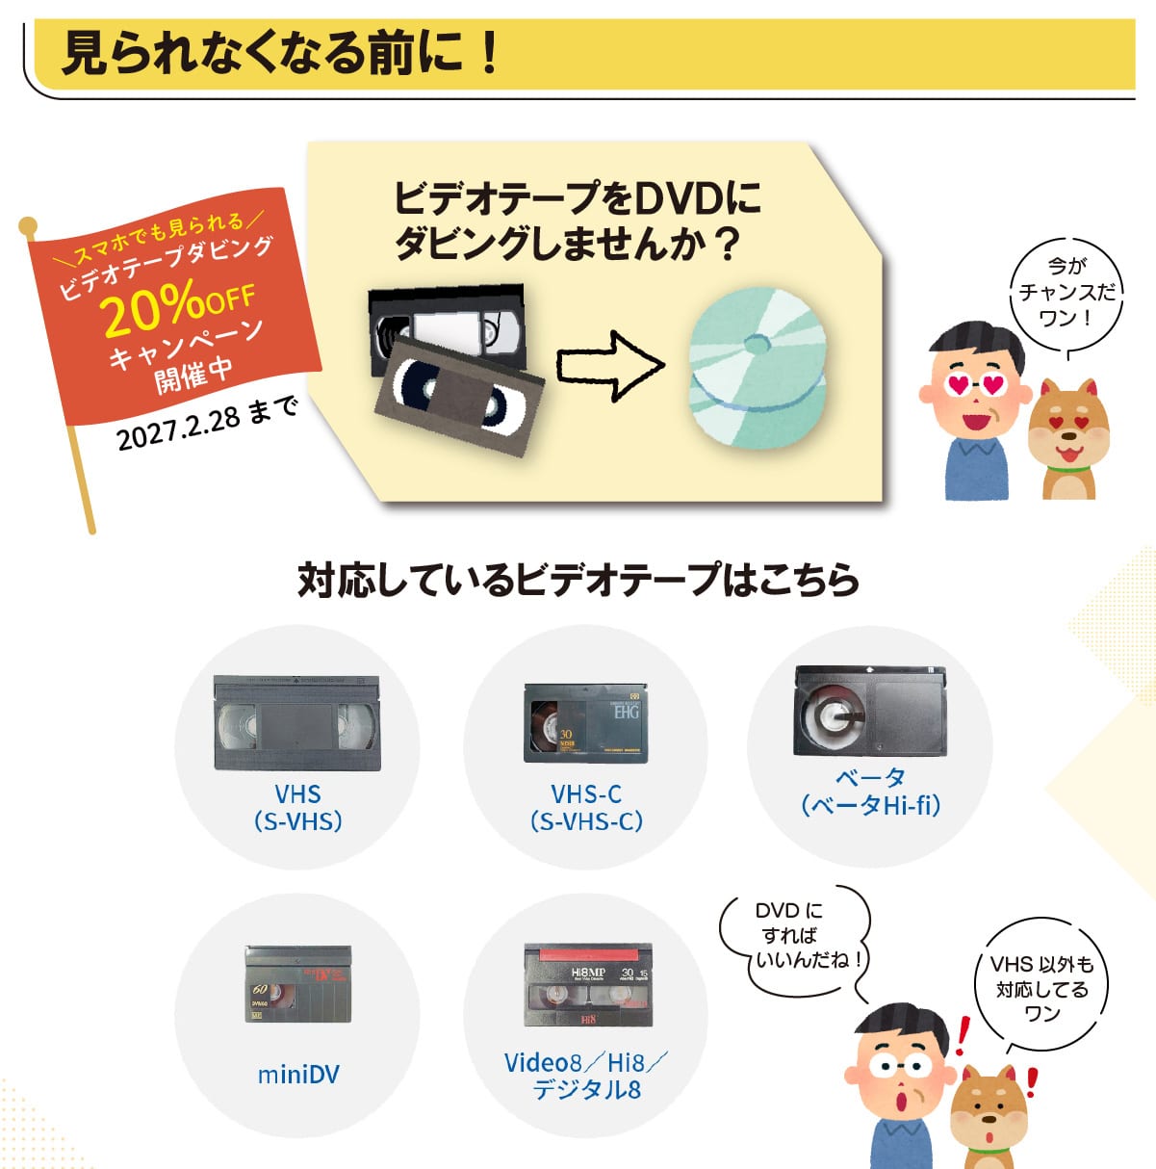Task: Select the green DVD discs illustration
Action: coord(758,368)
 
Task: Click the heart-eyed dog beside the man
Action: coord(1068,439)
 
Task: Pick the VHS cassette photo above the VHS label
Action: coord(296,722)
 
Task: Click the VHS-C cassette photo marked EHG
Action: coord(585,722)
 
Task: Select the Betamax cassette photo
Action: coord(870,711)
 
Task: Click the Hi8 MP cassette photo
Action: coord(588,984)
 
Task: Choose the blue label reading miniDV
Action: coord(298,1075)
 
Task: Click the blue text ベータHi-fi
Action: coord(871,806)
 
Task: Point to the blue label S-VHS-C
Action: coord(586,821)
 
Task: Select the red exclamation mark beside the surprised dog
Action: coord(1031,1082)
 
